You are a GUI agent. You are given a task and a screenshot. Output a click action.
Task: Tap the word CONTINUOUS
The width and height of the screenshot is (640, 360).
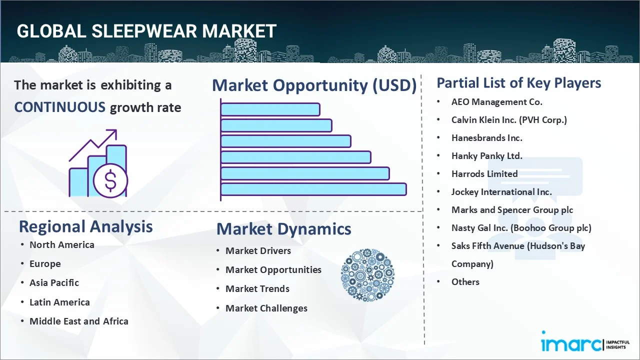point(60,107)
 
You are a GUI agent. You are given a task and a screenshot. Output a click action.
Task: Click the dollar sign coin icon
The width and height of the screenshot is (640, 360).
point(110,181)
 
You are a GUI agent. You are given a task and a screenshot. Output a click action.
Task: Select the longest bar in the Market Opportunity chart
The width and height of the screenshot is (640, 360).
point(313,189)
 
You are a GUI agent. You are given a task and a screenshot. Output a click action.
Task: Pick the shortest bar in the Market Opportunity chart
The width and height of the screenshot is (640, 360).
point(270,109)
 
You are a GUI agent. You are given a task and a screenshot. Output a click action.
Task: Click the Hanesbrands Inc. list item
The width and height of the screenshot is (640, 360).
point(487,138)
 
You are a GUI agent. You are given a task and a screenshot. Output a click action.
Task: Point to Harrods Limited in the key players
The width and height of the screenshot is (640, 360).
point(484,174)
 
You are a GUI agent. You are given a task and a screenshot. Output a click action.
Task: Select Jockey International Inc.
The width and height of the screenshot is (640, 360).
point(501,192)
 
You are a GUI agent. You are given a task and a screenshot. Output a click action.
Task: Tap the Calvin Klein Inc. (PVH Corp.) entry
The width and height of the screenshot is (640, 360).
point(509,120)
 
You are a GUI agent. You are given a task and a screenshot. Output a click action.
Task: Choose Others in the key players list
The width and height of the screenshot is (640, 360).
point(465,282)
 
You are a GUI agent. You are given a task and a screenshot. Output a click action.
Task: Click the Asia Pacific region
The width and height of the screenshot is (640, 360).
point(54,283)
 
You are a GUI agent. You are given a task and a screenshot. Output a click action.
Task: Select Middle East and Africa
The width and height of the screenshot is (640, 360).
point(79,321)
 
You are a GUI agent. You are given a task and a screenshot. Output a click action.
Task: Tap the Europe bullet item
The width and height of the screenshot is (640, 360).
point(45,264)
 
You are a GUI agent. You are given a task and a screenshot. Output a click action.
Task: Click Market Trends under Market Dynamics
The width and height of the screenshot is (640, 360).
point(257,289)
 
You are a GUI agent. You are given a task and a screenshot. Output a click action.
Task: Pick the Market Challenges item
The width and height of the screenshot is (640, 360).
point(266,308)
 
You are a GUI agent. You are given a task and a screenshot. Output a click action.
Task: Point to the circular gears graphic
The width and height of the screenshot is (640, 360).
point(367,275)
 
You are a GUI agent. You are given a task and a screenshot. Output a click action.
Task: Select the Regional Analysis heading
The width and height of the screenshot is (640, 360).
point(85,226)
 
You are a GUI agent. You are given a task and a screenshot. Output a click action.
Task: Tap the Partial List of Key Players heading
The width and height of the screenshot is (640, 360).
point(519,83)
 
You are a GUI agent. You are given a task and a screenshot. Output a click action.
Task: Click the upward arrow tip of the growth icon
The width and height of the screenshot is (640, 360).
point(116,130)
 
